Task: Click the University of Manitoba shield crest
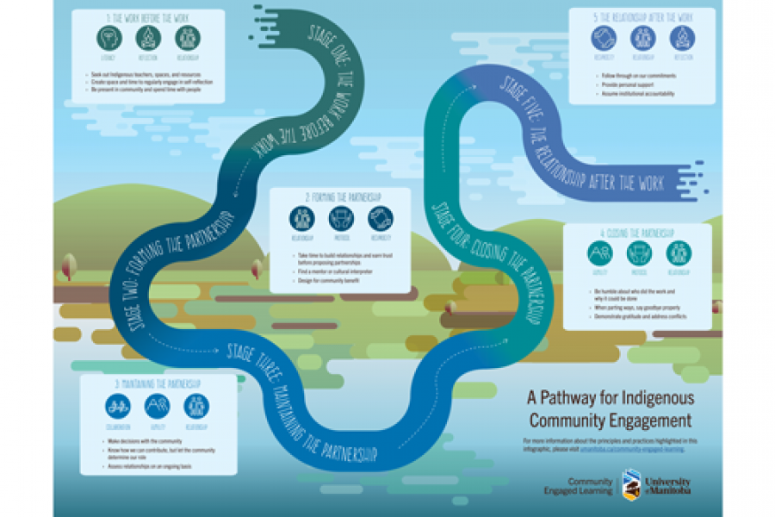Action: coord(631,484)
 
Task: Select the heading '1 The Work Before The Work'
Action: coord(149,19)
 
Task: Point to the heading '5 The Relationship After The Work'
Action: coord(642,17)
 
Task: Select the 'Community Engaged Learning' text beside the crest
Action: coord(590,485)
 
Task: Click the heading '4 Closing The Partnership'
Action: coord(636,233)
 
